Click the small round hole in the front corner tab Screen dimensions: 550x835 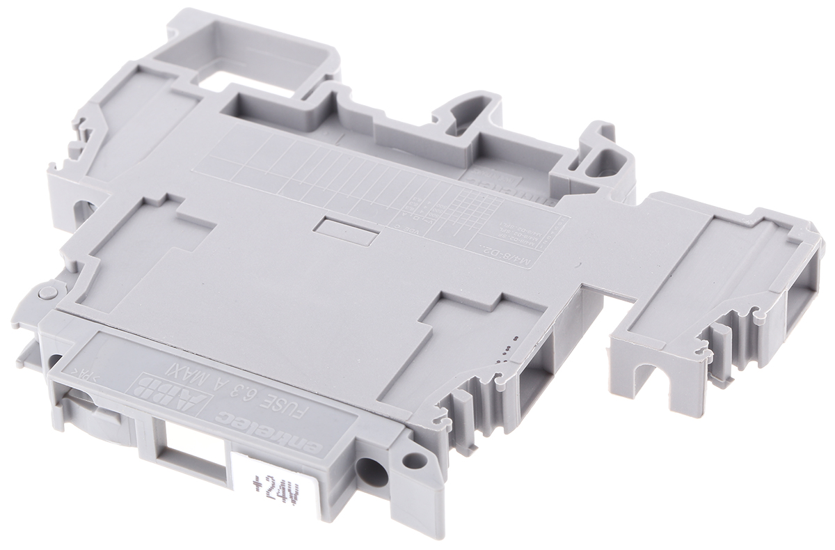click(x=415, y=459)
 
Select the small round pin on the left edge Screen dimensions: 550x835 click(x=47, y=293)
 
